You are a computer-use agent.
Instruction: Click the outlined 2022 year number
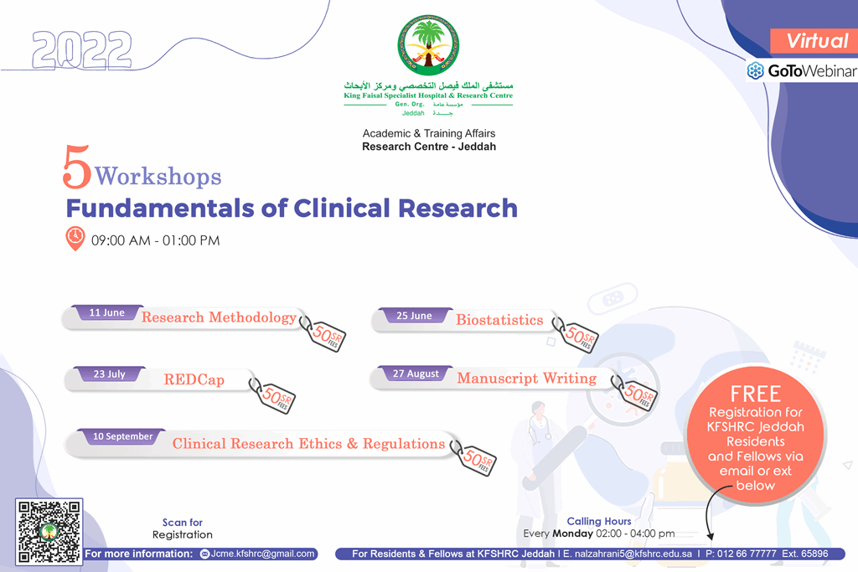82,49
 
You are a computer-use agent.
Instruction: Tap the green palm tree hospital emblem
428,45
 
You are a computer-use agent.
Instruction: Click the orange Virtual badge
814,41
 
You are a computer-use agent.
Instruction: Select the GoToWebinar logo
802,70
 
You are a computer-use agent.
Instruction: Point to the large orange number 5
76,167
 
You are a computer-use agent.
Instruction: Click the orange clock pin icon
75,239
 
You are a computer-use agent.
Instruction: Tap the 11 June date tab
107,312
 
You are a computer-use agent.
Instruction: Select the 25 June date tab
414,316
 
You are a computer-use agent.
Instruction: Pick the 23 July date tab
110,374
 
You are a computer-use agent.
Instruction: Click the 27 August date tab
416,374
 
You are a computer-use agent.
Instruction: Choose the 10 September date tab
122,436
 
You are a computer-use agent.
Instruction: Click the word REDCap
194,379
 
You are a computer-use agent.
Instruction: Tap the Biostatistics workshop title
499,320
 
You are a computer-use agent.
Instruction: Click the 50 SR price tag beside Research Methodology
324,333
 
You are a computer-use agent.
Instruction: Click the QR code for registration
49,532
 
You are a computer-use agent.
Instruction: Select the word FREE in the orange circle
755,394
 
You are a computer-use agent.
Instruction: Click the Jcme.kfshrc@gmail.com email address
262,554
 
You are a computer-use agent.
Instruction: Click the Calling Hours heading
598,521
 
